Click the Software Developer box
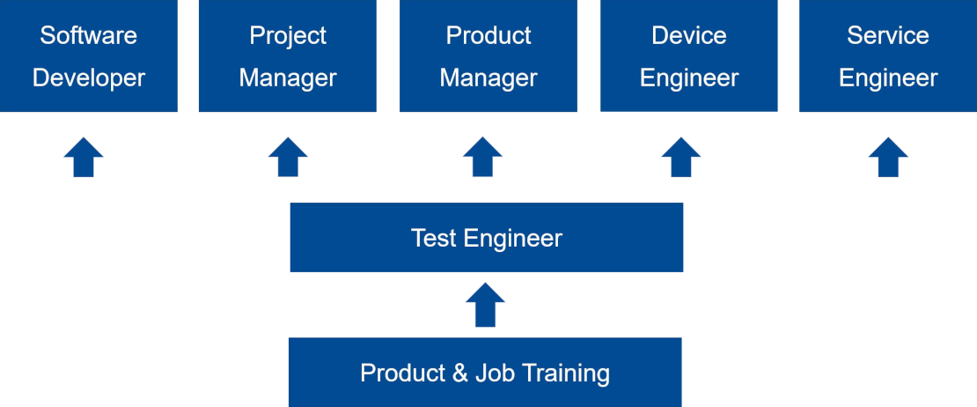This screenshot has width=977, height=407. (x=89, y=55)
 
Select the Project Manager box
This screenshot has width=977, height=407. (x=287, y=55)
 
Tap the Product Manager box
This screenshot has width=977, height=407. (x=488, y=55)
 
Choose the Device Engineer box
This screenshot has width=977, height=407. (x=688, y=55)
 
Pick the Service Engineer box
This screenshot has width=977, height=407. (x=888, y=55)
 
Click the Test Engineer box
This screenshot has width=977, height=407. (x=487, y=238)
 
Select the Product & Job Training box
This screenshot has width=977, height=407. (x=485, y=372)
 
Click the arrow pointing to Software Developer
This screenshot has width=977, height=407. (x=84, y=157)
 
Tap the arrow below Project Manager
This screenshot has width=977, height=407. (x=288, y=157)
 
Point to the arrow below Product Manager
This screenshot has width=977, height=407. (x=483, y=157)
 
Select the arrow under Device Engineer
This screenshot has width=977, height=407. (x=681, y=157)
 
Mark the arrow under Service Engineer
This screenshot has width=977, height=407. (x=888, y=157)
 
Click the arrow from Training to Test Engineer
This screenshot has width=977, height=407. (x=485, y=305)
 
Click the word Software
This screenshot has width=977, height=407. (x=89, y=35)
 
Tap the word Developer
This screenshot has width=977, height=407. (x=89, y=78)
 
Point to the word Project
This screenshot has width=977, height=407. (x=288, y=36)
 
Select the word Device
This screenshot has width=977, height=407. (x=689, y=35)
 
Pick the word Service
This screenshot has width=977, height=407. (x=888, y=35)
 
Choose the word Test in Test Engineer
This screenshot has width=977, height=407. (x=434, y=238)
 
